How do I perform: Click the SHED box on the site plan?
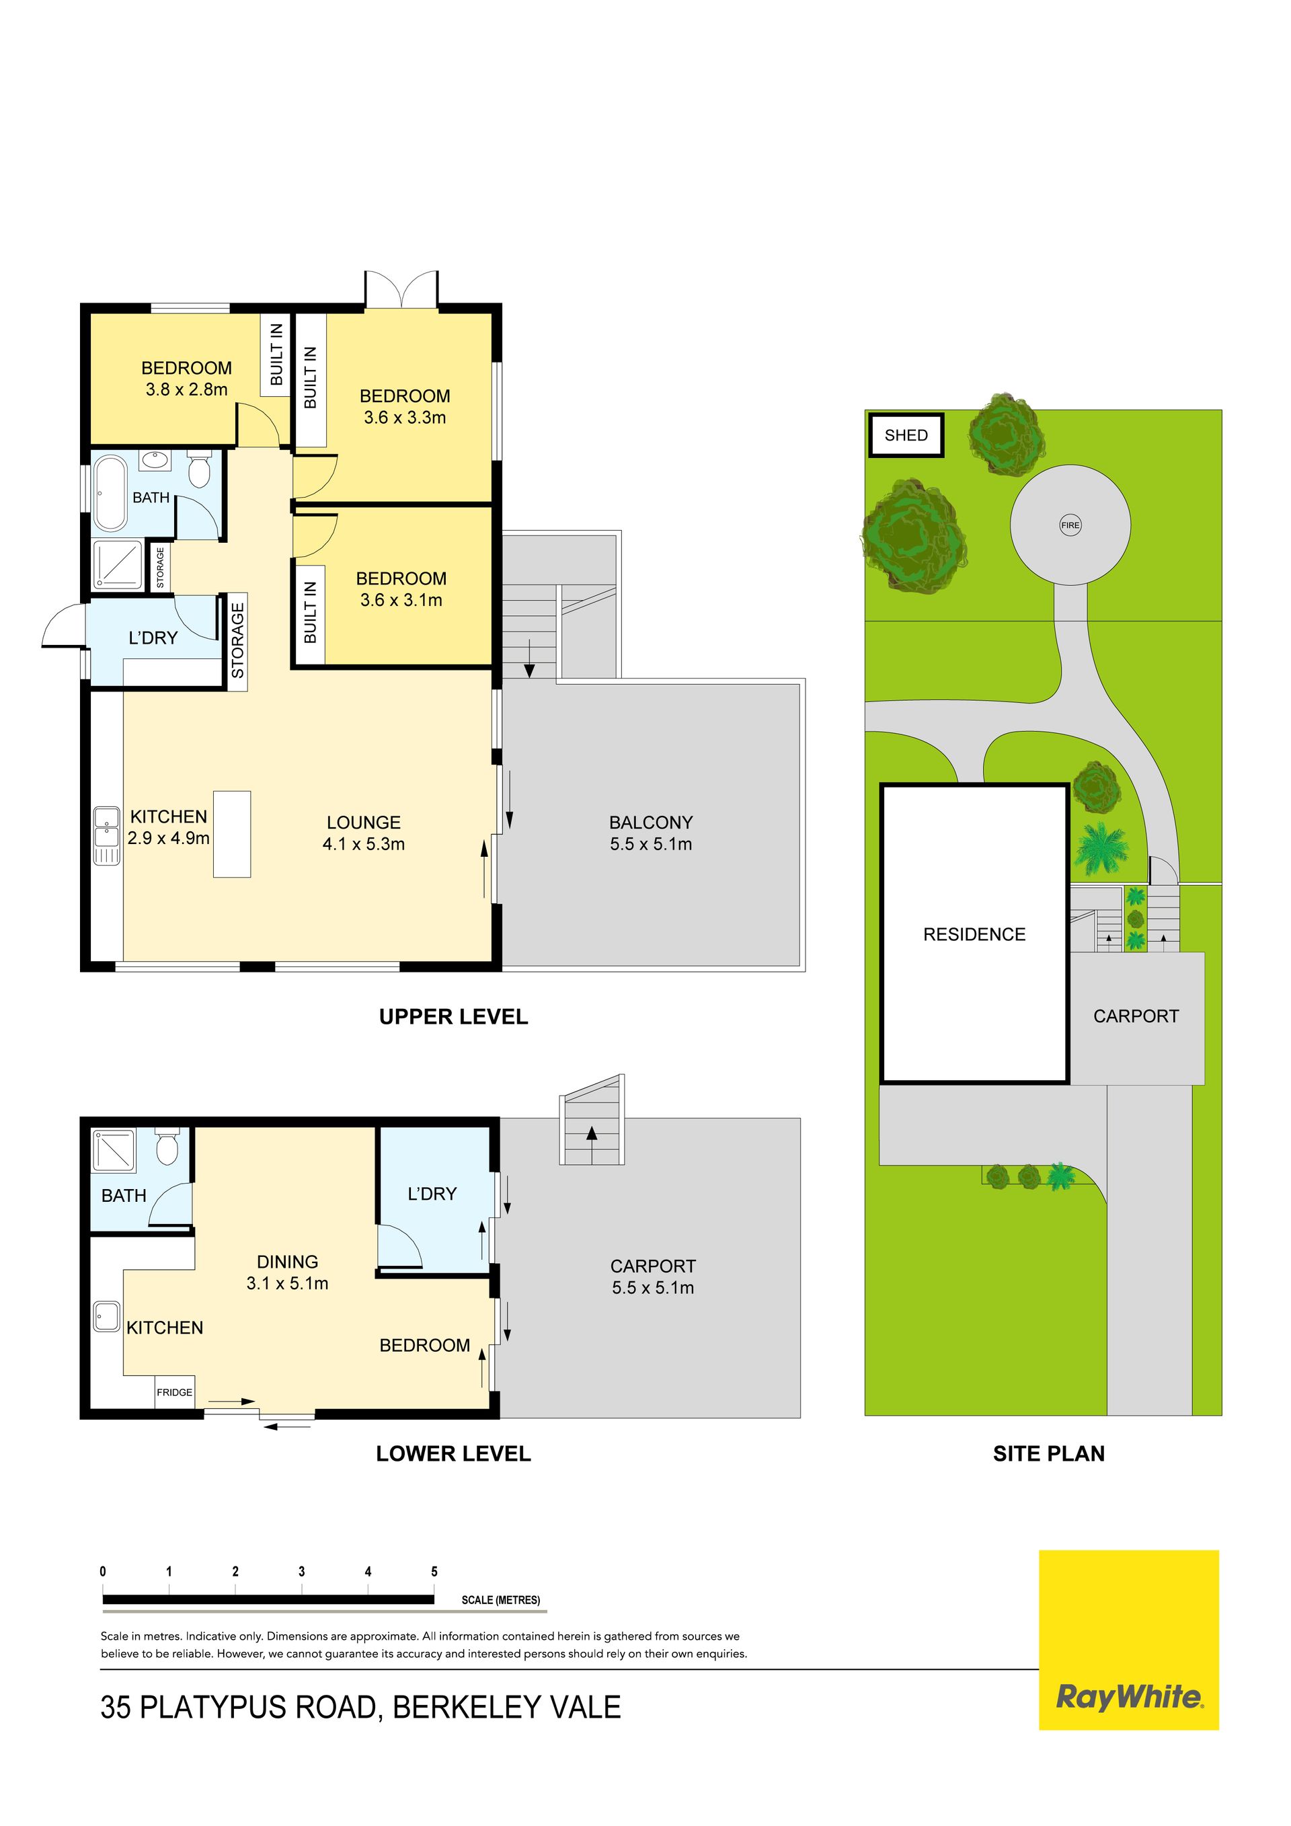[906, 435]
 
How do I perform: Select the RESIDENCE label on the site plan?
[974, 934]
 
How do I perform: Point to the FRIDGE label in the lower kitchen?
[174, 1392]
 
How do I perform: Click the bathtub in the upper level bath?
[110, 492]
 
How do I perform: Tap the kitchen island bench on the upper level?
[231, 833]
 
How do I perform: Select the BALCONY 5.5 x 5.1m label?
[651, 833]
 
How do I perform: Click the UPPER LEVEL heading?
[453, 1016]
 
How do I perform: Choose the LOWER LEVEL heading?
[453, 1454]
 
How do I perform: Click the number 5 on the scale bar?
[434, 1572]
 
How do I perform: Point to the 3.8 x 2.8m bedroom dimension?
[187, 389]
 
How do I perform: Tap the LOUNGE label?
[363, 823]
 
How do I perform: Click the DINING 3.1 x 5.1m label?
[287, 1272]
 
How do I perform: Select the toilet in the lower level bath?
[167, 1146]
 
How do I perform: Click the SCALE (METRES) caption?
[501, 1600]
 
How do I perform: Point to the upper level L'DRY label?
[153, 638]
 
